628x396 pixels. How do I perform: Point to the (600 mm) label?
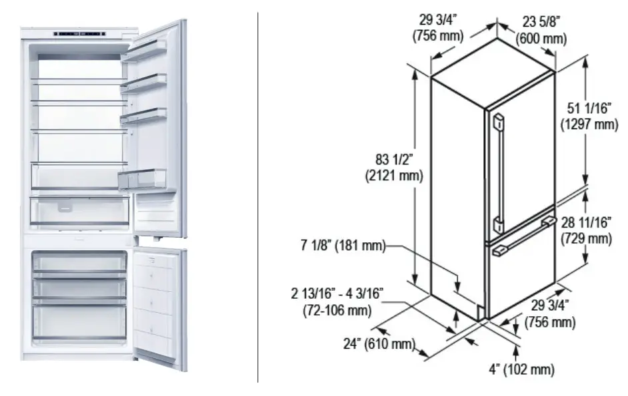[541, 39]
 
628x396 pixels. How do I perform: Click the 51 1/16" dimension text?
[589, 108]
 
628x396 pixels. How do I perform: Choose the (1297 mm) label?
[589, 124]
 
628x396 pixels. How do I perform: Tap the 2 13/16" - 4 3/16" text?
[337, 294]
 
